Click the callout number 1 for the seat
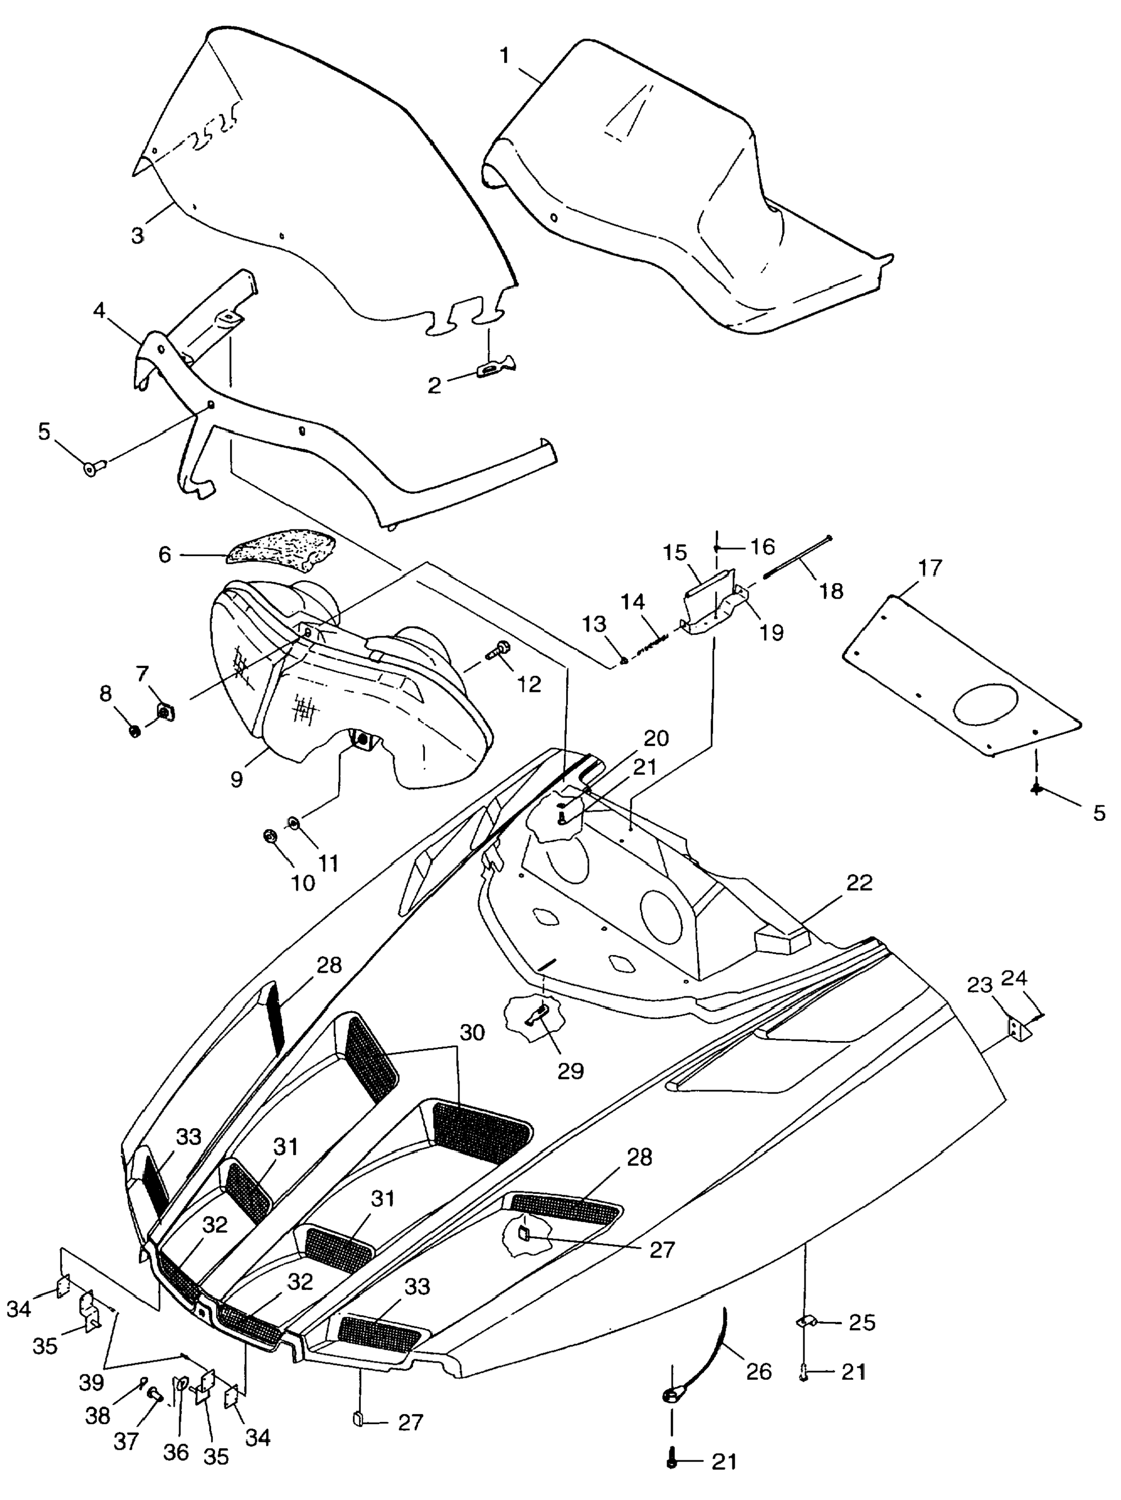[x=504, y=56]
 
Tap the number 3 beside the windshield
[x=137, y=236]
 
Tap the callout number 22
[x=859, y=883]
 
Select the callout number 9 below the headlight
[x=236, y=779]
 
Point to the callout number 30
[x=472, y=1033]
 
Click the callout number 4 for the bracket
[x=99, y=310]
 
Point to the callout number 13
[x=595, y=624]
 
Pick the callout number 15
[x=675, y=553]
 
